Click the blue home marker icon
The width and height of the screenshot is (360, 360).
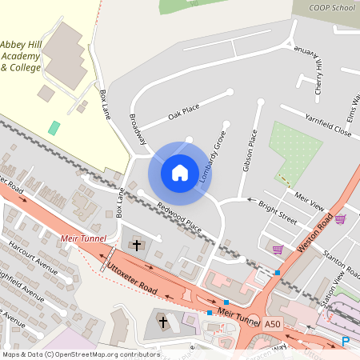click(x=180, y=172)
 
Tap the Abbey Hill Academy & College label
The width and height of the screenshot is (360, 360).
click(x=32, y=56)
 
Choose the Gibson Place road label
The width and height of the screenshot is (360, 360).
click(x=250, y=152)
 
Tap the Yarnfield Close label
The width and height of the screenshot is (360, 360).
click(x=328, y=124)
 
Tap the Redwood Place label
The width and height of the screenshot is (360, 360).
click(x=179, y=218)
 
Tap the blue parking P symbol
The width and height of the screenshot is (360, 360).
click(x=346, y=342)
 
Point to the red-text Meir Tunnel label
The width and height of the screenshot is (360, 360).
click(x=82, y=238)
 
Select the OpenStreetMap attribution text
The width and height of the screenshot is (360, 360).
click(x=80, y=354)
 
